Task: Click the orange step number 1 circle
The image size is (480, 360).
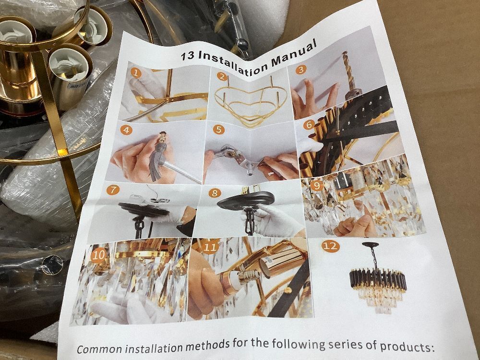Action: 136,73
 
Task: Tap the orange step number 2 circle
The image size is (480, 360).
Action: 222,76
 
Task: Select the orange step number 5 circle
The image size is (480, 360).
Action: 218,130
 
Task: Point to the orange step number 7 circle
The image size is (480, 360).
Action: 113,190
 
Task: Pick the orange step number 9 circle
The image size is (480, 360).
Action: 317,185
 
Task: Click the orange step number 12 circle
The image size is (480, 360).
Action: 331,246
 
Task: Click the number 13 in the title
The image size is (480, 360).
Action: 187,56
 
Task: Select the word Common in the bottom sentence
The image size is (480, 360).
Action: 99,348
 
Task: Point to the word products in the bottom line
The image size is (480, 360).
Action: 407,347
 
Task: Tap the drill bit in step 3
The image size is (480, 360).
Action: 350,73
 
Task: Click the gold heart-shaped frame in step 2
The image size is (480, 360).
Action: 250,103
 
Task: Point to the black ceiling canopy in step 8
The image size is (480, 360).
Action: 245,200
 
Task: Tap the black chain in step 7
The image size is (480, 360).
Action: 139,227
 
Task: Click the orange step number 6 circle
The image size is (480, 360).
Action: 309,125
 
